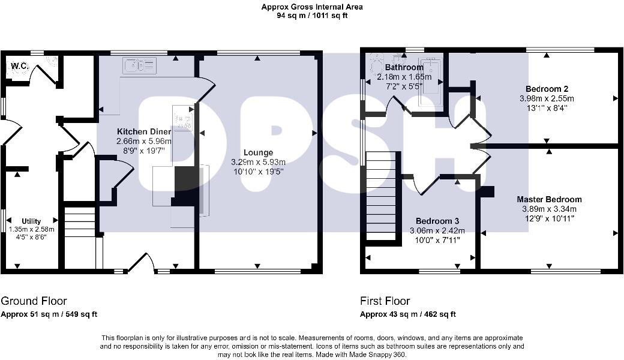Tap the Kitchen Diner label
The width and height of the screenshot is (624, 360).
pos(143,131)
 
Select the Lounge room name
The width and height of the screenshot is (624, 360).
pos(259,153)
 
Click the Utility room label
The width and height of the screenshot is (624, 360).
pos(32,221)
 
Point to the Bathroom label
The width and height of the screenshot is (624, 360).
pos(404,68)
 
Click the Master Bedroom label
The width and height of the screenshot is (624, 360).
pos(549,199)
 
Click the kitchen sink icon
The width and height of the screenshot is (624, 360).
pos(139,65)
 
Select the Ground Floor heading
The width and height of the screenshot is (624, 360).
pos(34,301)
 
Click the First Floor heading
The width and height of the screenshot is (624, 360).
pos(385,301)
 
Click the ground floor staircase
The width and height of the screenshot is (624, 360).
pos(80,222)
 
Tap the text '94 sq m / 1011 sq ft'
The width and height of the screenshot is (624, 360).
pos(312,16)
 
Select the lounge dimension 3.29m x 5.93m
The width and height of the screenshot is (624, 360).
pos(259,162)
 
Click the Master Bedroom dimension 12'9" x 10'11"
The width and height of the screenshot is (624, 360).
pos(549,218)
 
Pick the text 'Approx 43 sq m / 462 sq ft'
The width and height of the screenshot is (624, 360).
pos(408,314)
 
